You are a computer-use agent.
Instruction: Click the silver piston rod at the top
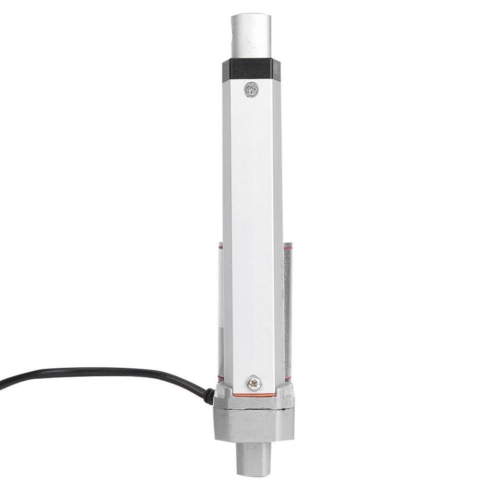point(251,36)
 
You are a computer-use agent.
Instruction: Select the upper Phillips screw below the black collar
point(251,89)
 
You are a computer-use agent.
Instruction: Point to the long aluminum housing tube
point(252,230)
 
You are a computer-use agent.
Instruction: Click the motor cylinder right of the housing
point(287,312)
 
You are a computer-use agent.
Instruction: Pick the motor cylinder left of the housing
point(221,312)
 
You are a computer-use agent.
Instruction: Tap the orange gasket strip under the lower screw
point(254,395)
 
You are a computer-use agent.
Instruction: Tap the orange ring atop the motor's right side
point(287,248)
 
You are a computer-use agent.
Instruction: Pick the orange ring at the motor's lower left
point(221,379)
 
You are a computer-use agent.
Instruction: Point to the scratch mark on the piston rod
point(245,43)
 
